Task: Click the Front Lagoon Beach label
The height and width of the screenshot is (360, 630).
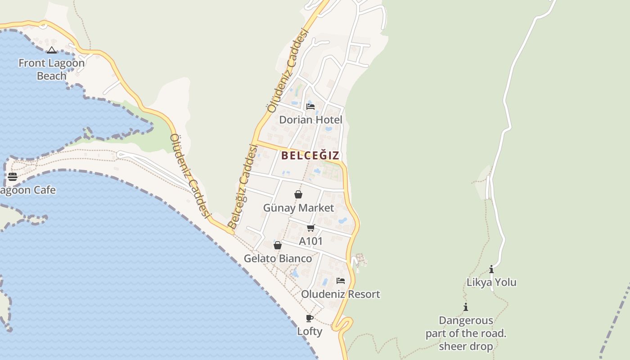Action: tap(51, 69)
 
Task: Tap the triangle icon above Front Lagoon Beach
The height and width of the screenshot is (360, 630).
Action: tap(52, 50)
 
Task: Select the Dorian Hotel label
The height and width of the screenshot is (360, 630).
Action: tap(310, 120)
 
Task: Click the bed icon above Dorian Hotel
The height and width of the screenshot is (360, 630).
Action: tap(310, 107)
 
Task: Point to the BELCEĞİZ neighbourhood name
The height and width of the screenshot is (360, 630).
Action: tap(310, 156)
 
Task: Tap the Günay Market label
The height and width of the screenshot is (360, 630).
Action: tap(298, 208)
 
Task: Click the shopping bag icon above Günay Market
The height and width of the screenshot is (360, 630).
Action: tap(298, 194)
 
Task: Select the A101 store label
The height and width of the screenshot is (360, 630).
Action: tap(311, 241)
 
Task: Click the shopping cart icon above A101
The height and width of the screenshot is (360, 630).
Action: tap(310, 228)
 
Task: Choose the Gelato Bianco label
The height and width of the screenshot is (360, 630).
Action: tap(278, 259)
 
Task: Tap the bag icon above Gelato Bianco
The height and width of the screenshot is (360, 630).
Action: tap(278, 245)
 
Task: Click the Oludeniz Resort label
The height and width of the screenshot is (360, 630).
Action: tap(341, 294)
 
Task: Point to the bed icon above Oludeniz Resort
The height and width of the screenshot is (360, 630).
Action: tap(341, 281)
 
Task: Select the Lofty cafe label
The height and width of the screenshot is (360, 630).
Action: tap(310, 332)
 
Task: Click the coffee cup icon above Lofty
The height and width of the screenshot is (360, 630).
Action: tap(310, 318)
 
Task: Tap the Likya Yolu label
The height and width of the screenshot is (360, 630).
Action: tap(491, 283)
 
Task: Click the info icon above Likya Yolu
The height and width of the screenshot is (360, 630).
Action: tap(491, 270)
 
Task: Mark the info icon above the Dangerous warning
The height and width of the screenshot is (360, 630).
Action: tap(466, 307)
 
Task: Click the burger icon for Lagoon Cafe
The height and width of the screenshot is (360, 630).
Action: tap(13, 176)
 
